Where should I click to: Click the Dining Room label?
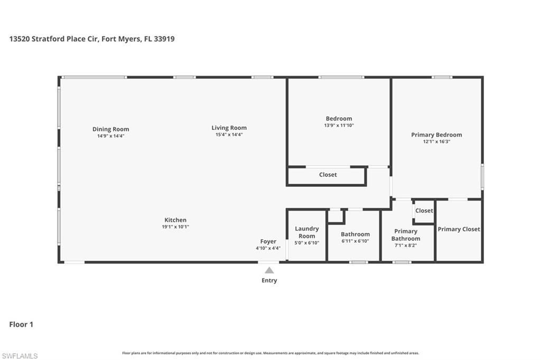coord(110,129)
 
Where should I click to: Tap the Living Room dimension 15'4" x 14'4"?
coord(229,135)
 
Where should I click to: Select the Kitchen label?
coord(175,220)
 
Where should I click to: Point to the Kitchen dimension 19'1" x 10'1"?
coord(175,227)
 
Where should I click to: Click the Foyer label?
coord(268,241)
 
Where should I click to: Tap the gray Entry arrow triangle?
coord(269,270)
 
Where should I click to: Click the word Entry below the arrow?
coord(269,280)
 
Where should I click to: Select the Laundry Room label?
coord(306,232)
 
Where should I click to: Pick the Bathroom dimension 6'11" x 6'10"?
coord(355,241)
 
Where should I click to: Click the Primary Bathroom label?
coord(406,235)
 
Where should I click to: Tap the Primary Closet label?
coord(459,229)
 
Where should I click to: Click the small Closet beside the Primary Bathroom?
coord(424,211)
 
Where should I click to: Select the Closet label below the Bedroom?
coord(328,175)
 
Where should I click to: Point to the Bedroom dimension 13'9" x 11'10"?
coord(339,126)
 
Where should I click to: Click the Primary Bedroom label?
coord(436,135)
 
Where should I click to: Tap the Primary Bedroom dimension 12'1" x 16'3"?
coord(436,141)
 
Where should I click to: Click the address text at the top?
coord(92,39)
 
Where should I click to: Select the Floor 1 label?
coord(21,324)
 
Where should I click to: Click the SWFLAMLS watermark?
coord(20,356)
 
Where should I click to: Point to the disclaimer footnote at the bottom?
coord(270,353)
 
